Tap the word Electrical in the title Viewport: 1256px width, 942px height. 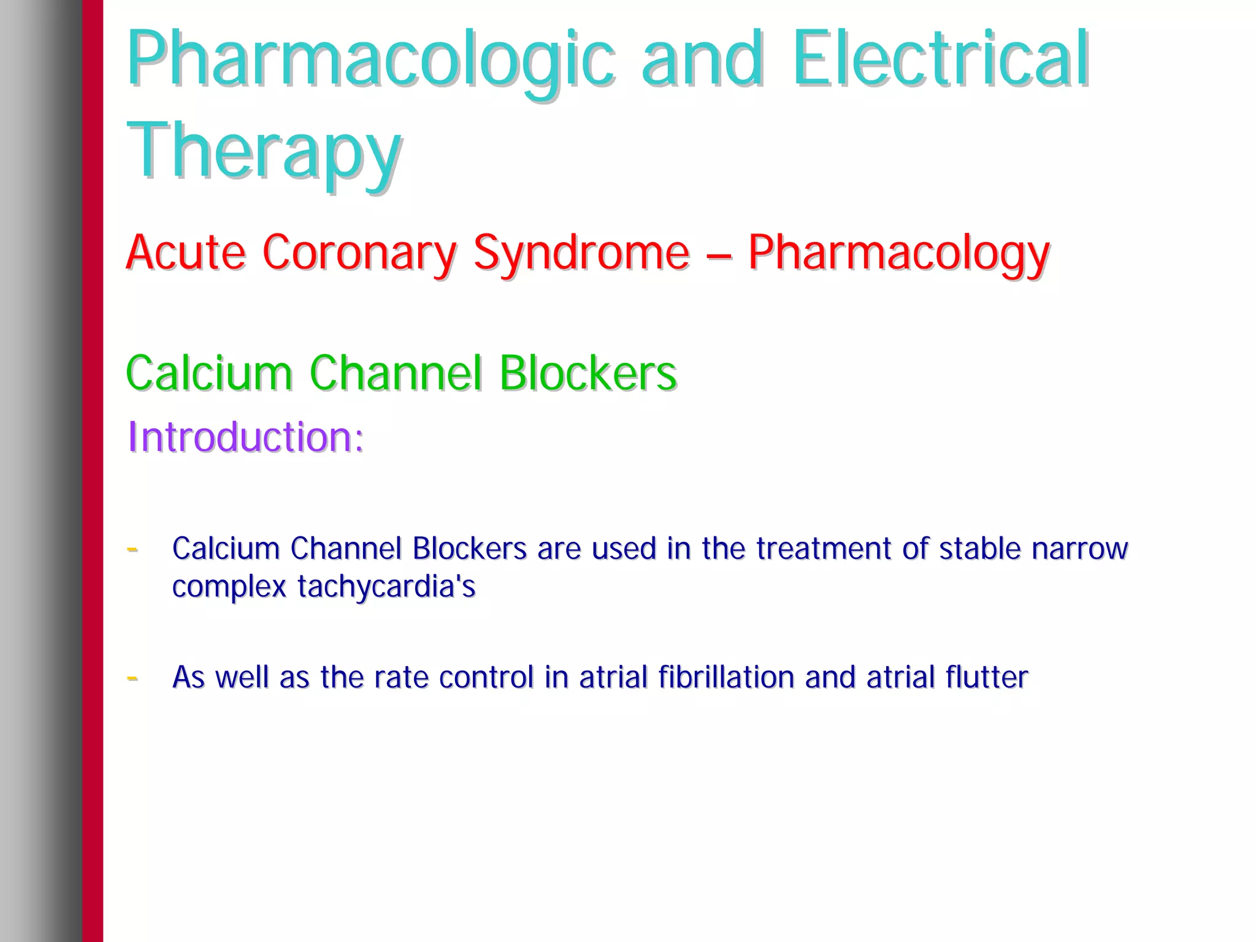(940, 59)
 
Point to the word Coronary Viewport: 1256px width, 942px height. (359, 252)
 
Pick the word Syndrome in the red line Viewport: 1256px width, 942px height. (581, 252)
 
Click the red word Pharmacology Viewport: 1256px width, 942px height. (898, 252)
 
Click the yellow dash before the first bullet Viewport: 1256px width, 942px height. (132, 549)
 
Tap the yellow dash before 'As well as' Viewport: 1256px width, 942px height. (132, 678)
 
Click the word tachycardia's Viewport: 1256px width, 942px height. (386, 587)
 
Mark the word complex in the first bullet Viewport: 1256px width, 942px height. (229, 587)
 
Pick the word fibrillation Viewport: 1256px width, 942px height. (726, 677)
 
